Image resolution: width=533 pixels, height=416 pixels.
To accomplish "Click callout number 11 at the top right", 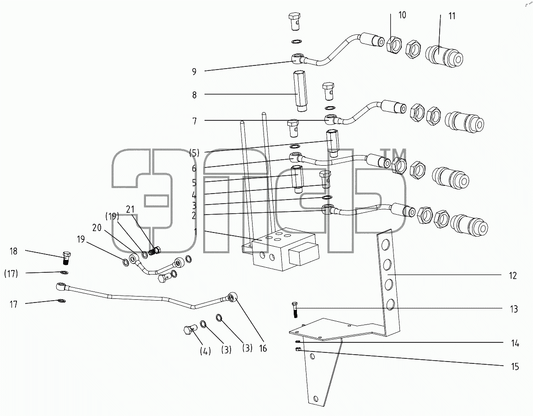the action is click(x=452, y=16).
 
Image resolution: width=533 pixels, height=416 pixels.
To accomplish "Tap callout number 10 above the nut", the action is click(x=402, y=15).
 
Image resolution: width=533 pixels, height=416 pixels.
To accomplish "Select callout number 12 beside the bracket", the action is click(x=513, y=276).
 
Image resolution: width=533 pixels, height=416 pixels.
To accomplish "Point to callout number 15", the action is click(x=515, y=367).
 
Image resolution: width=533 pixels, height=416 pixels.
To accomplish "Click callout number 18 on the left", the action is click(x=13, y=251).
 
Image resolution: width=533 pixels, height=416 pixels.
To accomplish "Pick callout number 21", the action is click(x=130, y=210).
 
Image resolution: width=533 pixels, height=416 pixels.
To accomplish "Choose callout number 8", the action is click(x=194, y=95).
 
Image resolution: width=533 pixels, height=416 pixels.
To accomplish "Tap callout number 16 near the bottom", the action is click(x=263, y=348).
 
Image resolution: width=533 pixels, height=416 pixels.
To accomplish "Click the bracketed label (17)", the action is click(x=11, y=274).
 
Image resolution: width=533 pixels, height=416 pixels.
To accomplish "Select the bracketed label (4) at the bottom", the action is click(x=205, y=351).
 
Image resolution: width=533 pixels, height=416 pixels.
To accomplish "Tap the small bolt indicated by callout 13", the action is click(x=295, y=309).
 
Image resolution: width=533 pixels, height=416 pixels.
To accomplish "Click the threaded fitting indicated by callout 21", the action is click(x=155, y=252).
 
